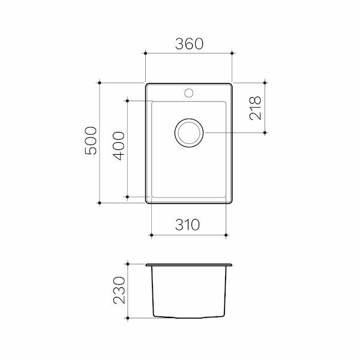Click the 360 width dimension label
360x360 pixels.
189,43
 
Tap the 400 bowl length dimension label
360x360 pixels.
119,148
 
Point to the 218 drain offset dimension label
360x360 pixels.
256,107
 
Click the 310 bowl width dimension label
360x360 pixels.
188,225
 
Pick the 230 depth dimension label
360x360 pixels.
119,290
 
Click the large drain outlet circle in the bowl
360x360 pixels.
189,132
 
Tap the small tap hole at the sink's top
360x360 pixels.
189,93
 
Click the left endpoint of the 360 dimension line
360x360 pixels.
145,53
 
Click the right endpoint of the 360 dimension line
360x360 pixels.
232,53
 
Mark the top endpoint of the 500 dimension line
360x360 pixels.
99,82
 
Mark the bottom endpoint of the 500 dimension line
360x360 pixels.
99,203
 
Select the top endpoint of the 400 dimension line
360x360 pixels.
128,101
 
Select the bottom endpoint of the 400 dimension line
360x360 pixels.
128,196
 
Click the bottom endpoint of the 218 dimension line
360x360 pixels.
265,132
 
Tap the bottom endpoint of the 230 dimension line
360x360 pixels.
128,317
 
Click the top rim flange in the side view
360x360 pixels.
189,265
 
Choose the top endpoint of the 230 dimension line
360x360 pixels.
128,263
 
